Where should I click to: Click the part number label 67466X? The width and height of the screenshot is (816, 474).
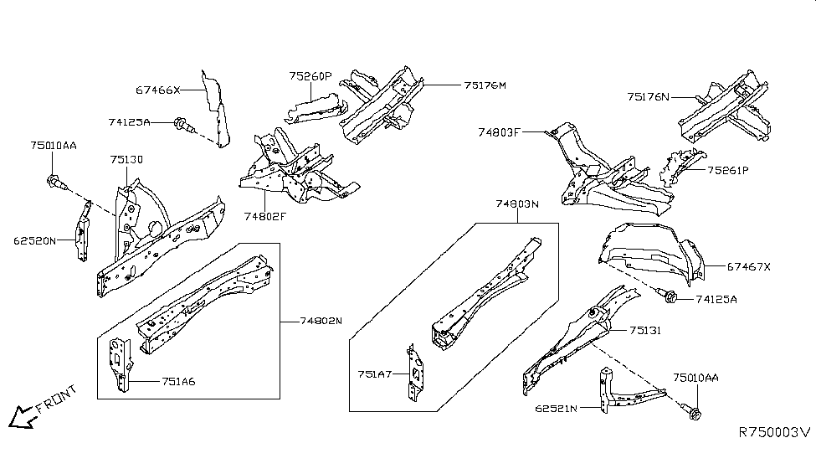[x=157, y=90]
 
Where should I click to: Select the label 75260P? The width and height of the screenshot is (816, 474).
[x=310, y=76]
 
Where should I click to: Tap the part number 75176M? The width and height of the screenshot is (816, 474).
[x=485, y=85]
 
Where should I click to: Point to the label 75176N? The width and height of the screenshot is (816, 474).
[x=649, y=97]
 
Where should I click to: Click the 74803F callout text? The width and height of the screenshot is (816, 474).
[x=500, y=132]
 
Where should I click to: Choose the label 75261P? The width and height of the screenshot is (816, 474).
[x=727, y=170]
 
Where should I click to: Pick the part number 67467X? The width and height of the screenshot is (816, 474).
[x=748, y=266]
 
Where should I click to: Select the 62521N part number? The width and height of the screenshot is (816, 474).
[x=557, y=409]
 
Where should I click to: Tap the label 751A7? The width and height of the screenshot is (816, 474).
[x=375, y=374]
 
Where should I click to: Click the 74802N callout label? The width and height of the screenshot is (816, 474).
[x=321, y=320]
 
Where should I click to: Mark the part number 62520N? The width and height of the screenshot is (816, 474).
[x=34, y=240]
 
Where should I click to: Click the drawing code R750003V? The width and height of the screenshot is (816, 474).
[x=774, y=432]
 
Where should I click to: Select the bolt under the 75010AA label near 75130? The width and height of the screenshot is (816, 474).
[x=55, y=180]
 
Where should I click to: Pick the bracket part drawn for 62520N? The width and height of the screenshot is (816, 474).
[x=82, y=231]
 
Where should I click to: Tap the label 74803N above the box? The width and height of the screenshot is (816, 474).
[x=517, y=204]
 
